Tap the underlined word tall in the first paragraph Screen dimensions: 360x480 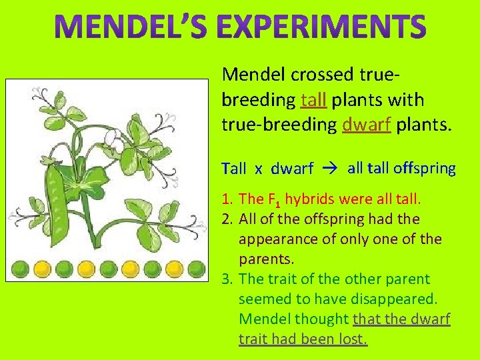coord(313,100)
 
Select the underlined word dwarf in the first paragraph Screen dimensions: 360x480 coord(365,125)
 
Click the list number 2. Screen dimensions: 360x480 coord(227,219)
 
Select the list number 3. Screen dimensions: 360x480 coord(227,279)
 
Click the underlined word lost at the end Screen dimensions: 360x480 coord(352,339)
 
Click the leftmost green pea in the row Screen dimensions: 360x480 coord(20,269)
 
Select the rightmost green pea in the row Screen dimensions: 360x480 coord(196,269)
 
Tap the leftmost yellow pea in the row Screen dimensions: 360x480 coord(42,269)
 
